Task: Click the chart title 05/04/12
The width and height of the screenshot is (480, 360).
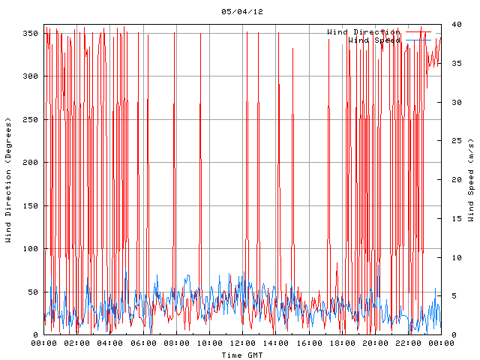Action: (x=242, y=12)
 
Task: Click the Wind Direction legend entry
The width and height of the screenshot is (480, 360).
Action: (x=363, y=32)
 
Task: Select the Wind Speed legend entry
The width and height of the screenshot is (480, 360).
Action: (x=373, y=40)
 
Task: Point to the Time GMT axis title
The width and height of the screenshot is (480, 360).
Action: (x=241, y=355)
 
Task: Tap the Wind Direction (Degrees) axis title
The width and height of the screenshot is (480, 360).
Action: (x=8, y=180)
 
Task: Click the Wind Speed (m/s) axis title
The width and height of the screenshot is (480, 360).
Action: (x=471, y=180)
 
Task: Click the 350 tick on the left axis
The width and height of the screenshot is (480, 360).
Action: (x=30, y=34)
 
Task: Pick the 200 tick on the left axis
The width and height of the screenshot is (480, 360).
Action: (x=30, y=163)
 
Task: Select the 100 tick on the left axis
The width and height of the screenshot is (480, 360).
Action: (x=30, y=249)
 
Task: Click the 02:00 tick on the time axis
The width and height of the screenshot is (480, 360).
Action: (x=77, y=343)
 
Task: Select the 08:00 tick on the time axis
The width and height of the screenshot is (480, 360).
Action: (x=176, y=343)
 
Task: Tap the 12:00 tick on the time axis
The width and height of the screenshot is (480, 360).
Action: (x=242, y=343)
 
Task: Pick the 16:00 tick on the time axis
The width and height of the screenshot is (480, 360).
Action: (x=309, y=343)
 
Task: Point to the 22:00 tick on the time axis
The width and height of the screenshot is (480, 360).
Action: (x=408, y=343)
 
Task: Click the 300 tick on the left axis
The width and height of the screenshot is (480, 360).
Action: (x=30, y=76)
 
